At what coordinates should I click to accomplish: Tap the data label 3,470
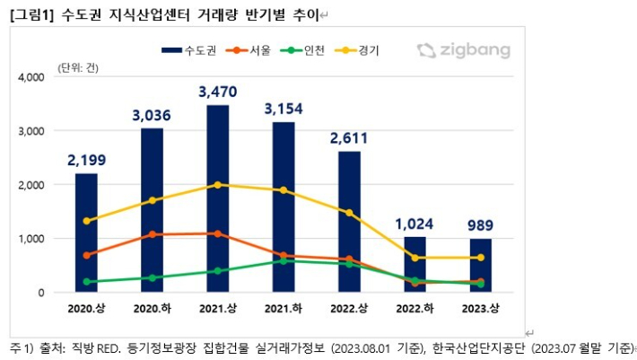pyautogui.click(x=218, y=91)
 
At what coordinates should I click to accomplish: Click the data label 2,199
pyautogui.click(x=86, y=161)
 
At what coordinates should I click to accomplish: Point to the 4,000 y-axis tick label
pyautogui.click(x=31, y=78)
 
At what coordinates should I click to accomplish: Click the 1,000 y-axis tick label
pyautogui.click(x=31, y=239)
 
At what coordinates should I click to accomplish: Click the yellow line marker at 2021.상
pyautogui.click(x=218, y=185)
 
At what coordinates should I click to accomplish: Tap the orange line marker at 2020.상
pyautogui.click(x=86, y=255)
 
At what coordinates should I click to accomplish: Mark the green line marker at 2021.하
pyautogui.click(x=284, y=261)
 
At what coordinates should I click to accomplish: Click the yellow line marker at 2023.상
pyautogui.click(x=482, y=258)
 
